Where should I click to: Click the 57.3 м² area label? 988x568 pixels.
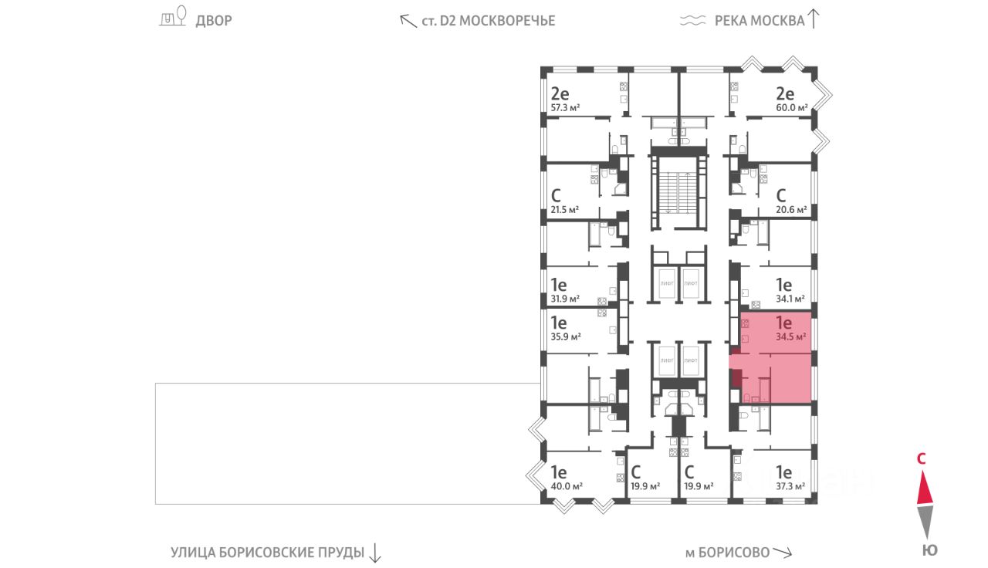565,108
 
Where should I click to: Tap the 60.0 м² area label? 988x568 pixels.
792,108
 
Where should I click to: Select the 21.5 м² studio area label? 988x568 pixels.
564,209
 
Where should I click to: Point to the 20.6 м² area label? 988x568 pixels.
791,209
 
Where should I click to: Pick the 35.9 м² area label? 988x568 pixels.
565,336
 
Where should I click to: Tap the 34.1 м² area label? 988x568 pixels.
790,298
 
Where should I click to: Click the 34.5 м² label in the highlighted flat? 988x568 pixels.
791,336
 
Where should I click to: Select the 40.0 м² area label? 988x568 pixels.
566,486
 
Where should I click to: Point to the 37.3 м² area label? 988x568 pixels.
790,486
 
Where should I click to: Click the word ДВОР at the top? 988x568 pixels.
213,21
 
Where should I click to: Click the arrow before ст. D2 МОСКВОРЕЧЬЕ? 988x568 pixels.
408,21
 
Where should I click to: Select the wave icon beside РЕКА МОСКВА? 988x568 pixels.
693,21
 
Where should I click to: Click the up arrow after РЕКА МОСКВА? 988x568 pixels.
814,19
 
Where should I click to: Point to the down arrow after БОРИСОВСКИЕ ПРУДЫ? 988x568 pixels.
374,552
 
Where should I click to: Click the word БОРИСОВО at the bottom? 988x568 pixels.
737,553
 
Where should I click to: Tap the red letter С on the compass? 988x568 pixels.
921,458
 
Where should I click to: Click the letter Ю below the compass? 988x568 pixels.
930,550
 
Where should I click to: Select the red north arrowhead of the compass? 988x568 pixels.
925,488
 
